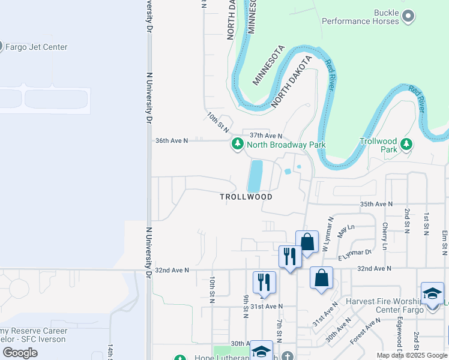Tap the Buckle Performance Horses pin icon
(x=408, y=16)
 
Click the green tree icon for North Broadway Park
(x=238, y=144)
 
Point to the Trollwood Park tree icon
(x=407, y=144)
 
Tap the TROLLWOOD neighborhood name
(x=246, y=197)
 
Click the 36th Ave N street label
(x=172, y=140)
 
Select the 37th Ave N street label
(x=266, y=136)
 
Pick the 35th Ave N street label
(x=376, y=204)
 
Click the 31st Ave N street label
(x=267, y=306)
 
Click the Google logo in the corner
(x=20, y=353)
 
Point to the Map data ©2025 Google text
(x=412, y=355)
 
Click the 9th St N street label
(x=246, y=306)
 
